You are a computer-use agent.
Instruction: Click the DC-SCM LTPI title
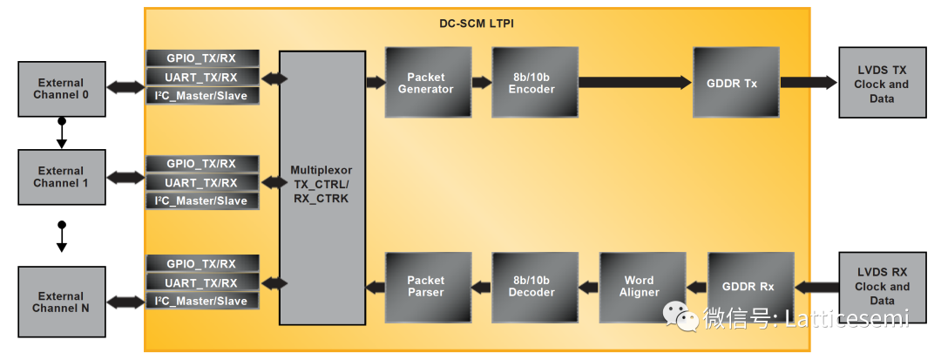point(476,24)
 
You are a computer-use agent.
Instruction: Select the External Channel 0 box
point(61,89)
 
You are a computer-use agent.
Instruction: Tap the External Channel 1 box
point(61,177)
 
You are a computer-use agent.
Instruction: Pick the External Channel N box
point(61,302)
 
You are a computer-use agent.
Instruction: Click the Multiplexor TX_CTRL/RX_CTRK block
point(322,187)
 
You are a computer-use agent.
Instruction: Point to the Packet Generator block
point(428,83)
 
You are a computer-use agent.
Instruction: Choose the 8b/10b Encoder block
point(534,83)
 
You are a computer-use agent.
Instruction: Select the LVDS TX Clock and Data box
point(882,83)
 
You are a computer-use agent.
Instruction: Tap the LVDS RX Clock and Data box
point(882,286)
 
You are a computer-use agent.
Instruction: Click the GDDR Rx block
point(750,287)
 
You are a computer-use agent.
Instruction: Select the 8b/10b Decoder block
point(534,287)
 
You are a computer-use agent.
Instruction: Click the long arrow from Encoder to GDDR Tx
point(634,83)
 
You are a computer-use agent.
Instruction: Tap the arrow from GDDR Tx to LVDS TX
point(808,83)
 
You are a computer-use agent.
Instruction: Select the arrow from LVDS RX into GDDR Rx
point(816,287)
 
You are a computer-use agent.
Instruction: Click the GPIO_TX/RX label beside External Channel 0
point(202,58)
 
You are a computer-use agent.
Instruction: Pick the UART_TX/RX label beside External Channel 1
point(202,183)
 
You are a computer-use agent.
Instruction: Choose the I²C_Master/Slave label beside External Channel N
point(202,301)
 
